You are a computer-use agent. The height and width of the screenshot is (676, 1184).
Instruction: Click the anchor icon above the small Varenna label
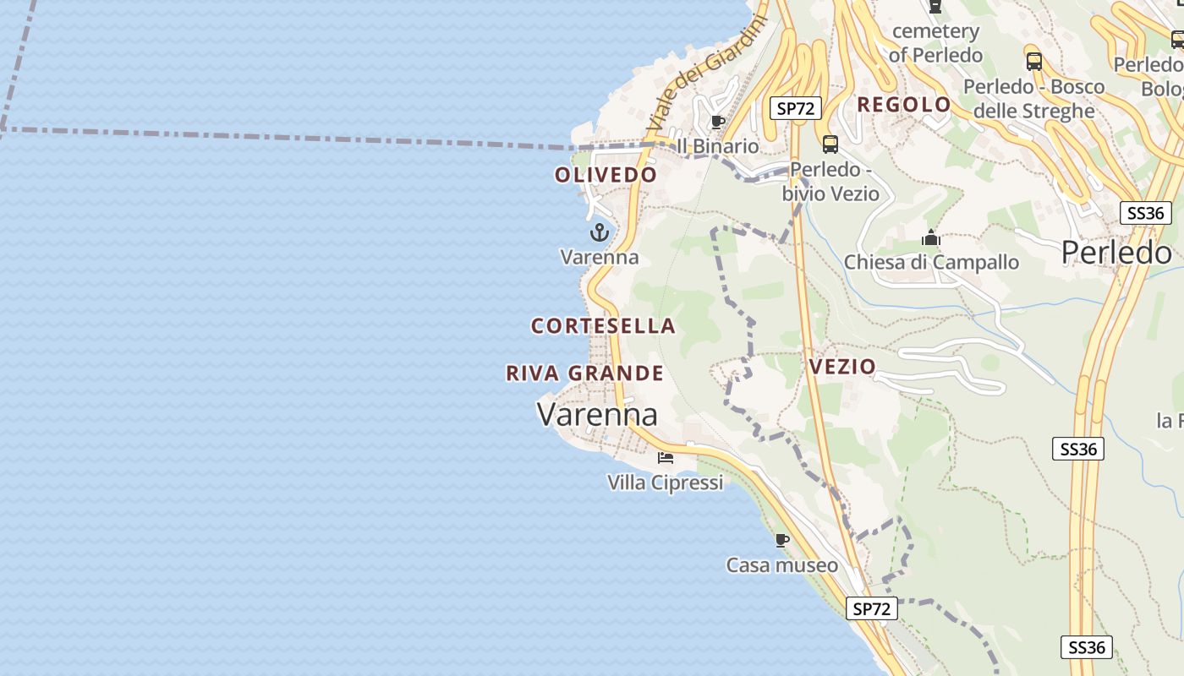[x=600, y=232]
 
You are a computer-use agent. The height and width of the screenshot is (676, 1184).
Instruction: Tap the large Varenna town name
[x=597, y=415]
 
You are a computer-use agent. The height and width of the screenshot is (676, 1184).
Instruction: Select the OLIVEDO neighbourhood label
[x=606, y=175]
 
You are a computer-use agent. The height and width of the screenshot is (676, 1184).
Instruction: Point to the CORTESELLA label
[x=603, y=325]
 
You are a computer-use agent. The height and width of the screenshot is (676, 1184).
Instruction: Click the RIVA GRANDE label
[x=584, y=373]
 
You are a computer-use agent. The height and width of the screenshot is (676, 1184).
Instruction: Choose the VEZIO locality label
[x=842, y=367]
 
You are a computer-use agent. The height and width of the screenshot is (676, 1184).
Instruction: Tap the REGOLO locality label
[x=904, y=105]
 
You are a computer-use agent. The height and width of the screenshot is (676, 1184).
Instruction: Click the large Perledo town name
[x=1116, y=252]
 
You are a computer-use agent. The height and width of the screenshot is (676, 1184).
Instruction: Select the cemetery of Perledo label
[x=935, y=43]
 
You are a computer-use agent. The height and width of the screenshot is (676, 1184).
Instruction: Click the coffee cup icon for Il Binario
[x=718, y=122]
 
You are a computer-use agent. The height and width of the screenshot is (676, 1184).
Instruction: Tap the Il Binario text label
[x=718, y=146]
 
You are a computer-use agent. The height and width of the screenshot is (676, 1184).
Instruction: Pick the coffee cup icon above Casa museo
[x=782, y=539]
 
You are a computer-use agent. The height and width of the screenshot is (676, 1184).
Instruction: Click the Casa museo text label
[x=782, y=564]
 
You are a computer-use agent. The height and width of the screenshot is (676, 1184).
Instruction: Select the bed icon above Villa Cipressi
[x=666, y=457]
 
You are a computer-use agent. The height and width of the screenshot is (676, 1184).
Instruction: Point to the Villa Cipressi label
[x=666, y=482]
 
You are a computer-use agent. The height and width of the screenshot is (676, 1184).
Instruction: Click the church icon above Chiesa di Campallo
[x=931, y=237]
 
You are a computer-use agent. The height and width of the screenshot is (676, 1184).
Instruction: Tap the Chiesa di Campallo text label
[x=931, y=262]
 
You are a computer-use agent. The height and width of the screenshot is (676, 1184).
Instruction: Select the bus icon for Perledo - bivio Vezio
[x=830, y=144]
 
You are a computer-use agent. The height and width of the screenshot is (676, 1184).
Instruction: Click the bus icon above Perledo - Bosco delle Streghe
[x=1033, y=61]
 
